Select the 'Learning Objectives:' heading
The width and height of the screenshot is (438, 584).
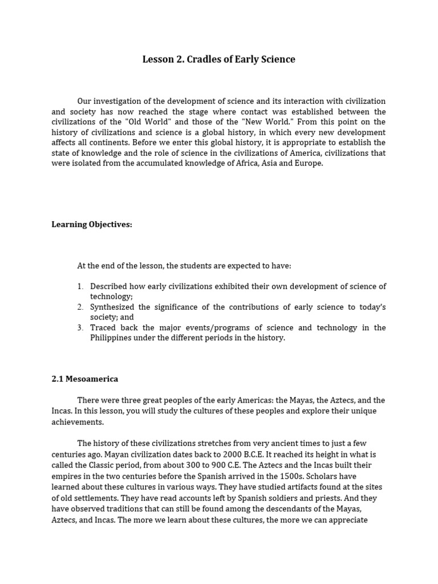[92, 224]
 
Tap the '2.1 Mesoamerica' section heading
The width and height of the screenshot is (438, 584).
[85, 378]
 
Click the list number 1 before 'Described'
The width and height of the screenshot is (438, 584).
[80, 286]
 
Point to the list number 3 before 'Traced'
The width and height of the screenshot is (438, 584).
[80, 327]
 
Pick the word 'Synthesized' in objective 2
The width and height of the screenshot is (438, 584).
[113, 307]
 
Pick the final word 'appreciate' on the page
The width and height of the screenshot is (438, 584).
[348, 520]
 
